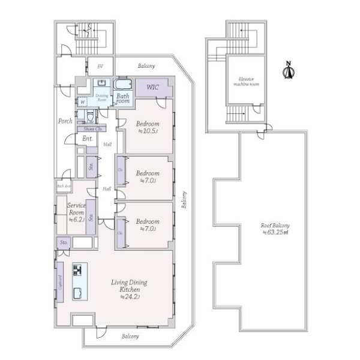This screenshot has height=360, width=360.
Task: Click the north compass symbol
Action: [288, 71]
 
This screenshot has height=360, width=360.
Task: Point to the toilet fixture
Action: [89, 113]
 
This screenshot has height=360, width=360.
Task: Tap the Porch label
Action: [65, 121]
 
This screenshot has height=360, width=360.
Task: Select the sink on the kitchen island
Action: [78, 292]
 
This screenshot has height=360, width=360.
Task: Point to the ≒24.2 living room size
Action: [130, 296]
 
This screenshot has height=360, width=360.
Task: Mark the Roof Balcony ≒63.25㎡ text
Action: [274, 229]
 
